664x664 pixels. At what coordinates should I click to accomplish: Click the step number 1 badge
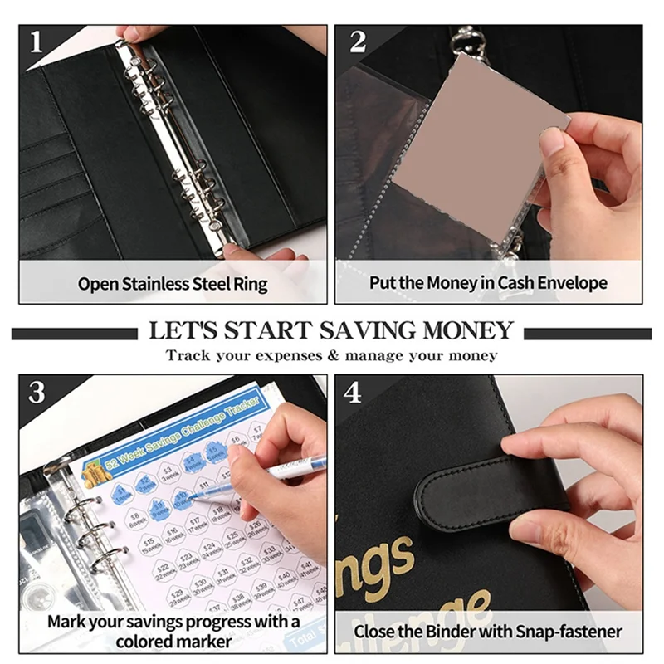[x=36, y=41]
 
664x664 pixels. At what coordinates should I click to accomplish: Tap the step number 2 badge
[x=358, y=41]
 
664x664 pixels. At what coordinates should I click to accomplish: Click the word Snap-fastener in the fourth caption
[x=568, y=632]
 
